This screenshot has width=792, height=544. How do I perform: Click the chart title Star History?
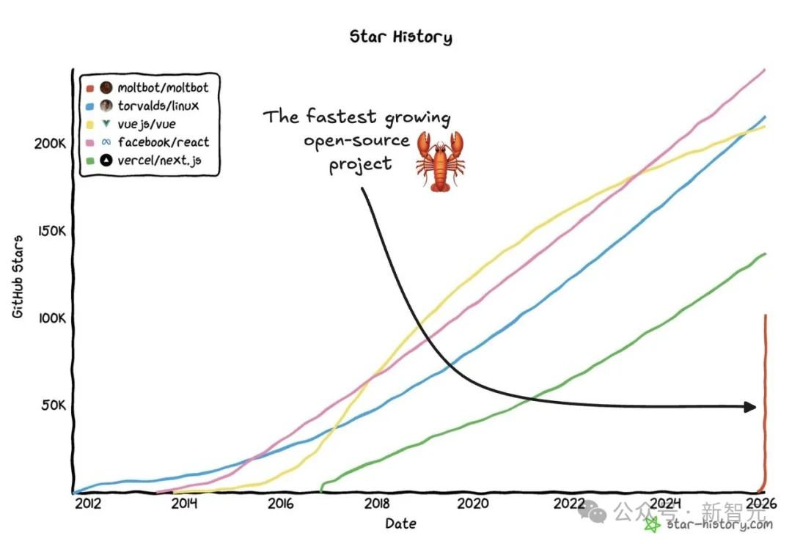[400, 37]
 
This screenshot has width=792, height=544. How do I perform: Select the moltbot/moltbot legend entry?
[163, 88]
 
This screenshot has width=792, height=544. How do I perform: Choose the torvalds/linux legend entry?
[158, 106]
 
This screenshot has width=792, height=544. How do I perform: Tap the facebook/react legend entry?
[163, 142]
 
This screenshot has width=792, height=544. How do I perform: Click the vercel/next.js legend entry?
[159, 161]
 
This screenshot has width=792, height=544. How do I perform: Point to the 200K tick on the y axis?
[51, 143]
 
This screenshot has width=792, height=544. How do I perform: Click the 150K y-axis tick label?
[51, 231]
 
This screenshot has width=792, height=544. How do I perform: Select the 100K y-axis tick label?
[51, 319]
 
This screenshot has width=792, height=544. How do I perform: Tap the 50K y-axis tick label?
[54, 405]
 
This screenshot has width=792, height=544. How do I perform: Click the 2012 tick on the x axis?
[87, 504]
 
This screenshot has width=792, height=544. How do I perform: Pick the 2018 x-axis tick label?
[377, 504]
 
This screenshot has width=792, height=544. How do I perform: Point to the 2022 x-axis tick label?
[569, 504]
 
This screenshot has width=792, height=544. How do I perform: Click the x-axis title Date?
[400, 523]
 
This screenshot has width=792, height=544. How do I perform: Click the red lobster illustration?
[440, 161]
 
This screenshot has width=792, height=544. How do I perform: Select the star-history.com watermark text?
[719, 524]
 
